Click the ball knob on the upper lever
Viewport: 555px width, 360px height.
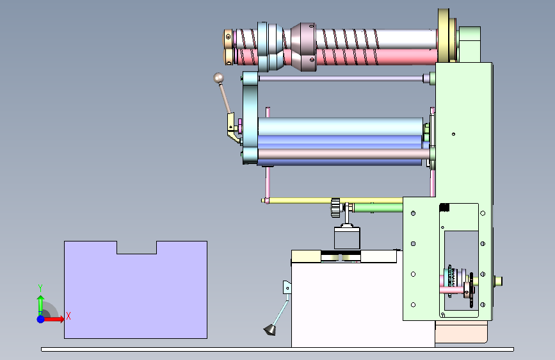click(218, 78)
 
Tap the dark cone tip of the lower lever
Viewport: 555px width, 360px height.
click(270, 331)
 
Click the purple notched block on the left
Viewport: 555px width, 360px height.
click(136, 294)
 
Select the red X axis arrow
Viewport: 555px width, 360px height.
click(53, 319)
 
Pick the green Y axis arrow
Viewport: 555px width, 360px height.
click(41, 305)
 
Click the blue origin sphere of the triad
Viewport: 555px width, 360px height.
click(41, 319)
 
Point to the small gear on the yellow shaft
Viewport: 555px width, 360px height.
click(335, 208)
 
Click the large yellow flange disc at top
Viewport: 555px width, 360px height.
click(444, 35)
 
